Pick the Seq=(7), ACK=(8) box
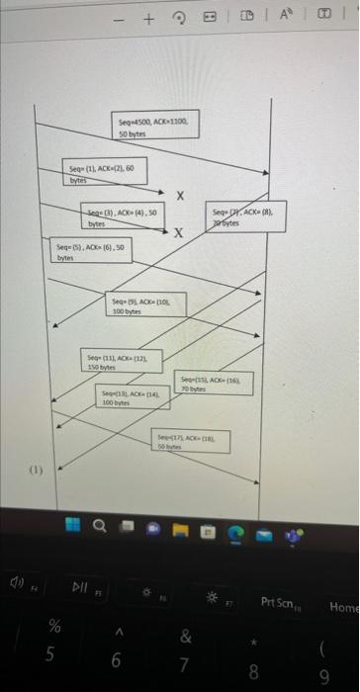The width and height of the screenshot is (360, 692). coord(248,216)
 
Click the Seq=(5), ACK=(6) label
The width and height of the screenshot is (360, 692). coord(78,249)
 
